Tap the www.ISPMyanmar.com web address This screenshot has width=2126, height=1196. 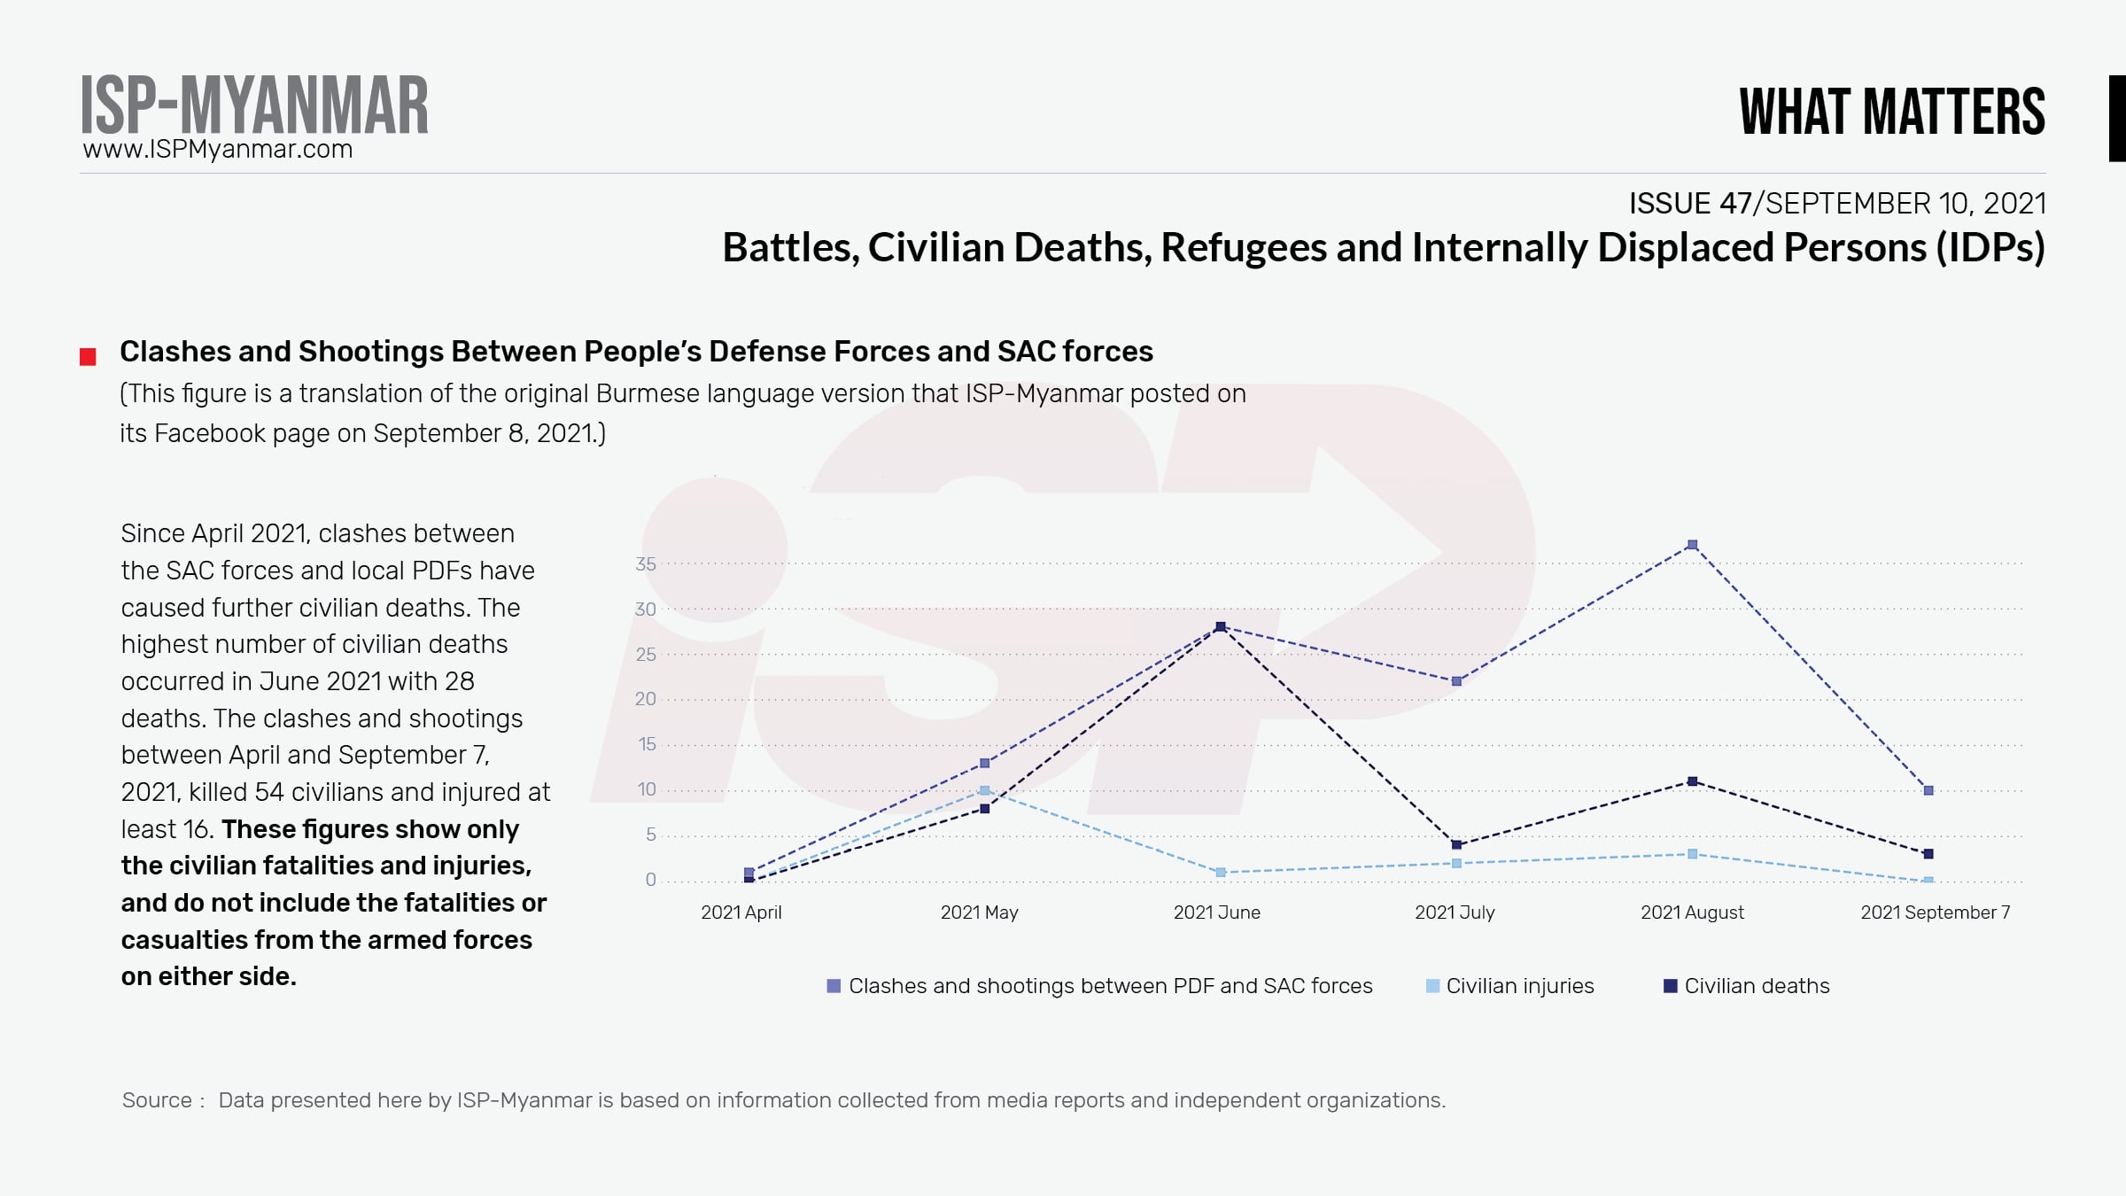coord(218,149)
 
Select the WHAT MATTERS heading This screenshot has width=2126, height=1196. coord(1892,113)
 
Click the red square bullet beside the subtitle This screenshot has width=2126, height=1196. coord(88,357)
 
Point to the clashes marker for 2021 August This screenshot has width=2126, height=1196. coord(1692,545)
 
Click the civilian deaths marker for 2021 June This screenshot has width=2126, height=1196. coord(1221,627)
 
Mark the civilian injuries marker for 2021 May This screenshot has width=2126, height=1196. coord(984,790)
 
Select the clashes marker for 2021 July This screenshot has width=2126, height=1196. coord(1456,681)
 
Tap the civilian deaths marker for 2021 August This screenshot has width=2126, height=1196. coord(1692,781)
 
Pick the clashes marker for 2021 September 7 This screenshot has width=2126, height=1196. coord(1928,790)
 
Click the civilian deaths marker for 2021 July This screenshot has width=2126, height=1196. coord(1456,844)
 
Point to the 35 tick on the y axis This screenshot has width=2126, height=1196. coord(646,564)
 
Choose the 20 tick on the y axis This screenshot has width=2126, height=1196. coord(646,699)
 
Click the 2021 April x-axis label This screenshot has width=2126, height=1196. coord(741,913)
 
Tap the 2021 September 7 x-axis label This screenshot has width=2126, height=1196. coord(1935,913)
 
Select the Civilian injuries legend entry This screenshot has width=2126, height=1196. coord(1510,986)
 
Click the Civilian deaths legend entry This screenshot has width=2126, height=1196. coord(1747,986)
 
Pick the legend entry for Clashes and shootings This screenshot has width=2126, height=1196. coord(1099,986)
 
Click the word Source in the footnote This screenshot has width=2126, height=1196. coord(157,1100)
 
